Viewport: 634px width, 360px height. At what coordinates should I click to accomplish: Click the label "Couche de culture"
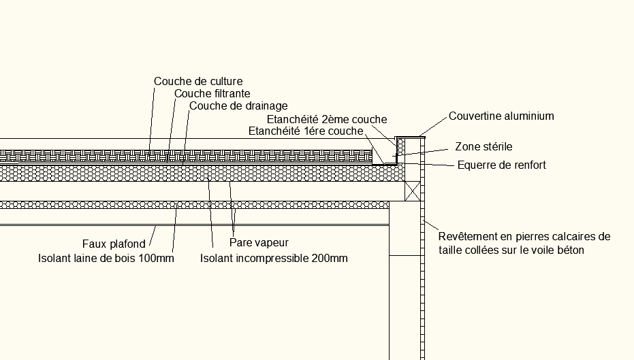[x=198, y=81]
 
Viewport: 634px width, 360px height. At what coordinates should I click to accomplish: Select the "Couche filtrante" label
[x=212, y=94]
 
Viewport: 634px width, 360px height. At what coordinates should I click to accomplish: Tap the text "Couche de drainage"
[x=238, y=106]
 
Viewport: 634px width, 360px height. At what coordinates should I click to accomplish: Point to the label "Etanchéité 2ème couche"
[x=327, y=119]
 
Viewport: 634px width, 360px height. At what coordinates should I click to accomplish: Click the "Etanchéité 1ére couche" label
[x=306, y=131]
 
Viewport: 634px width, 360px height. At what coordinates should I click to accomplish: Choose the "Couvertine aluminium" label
[x=501, y=116]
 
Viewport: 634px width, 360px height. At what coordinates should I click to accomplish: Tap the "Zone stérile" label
[x=484, y=146]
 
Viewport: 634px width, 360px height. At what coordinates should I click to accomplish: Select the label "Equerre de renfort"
[x=502, y=165]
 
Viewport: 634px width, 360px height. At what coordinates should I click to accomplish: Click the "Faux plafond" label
[x=114, y=244]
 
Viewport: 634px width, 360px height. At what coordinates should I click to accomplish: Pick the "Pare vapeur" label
[x=259, y=242]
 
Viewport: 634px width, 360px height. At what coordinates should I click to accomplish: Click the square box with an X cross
[x=413, y=191]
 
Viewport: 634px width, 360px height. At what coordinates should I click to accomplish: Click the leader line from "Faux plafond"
[x=153, y=236]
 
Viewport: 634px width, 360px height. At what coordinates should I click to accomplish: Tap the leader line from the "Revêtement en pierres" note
[x=431, y=225]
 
